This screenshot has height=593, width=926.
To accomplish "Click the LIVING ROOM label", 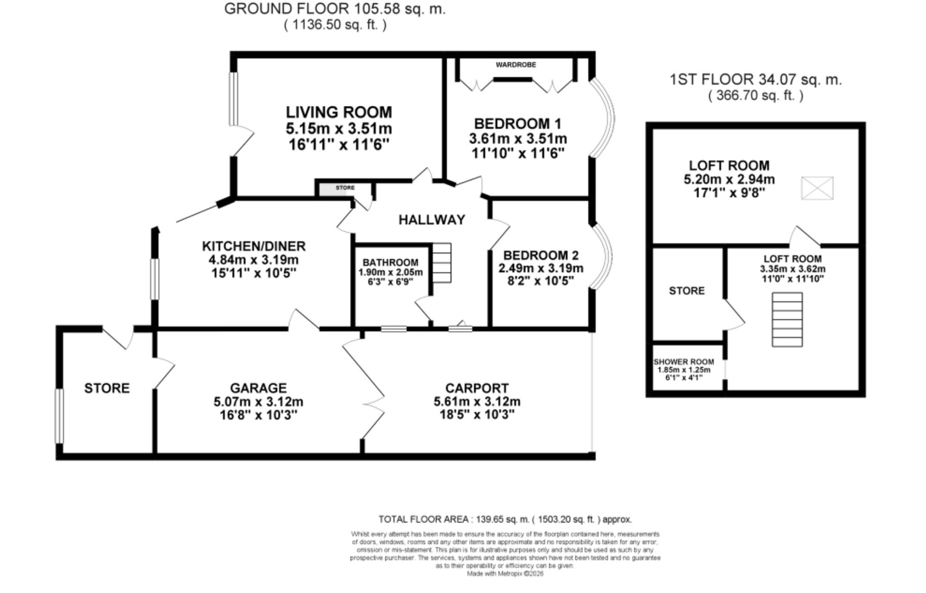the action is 339,112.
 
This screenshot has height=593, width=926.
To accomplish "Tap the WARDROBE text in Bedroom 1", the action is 516,65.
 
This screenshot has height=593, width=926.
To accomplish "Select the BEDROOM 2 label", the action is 541,255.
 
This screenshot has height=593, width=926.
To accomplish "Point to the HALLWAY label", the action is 432,220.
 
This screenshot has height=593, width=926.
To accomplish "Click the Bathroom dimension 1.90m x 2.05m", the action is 390,272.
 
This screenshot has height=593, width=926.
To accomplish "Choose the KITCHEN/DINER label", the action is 254,246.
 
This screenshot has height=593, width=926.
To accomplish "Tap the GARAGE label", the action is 258,388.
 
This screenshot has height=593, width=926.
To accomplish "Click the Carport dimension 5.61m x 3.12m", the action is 477,401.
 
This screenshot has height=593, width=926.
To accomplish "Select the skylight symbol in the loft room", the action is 817,188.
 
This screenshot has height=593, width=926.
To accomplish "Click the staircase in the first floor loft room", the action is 787,320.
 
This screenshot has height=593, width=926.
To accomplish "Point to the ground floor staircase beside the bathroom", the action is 442,263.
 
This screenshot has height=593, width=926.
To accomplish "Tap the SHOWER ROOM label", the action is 684,362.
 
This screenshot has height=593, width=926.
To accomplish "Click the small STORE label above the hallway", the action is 345,188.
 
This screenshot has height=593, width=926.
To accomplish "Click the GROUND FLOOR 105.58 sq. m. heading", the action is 335,9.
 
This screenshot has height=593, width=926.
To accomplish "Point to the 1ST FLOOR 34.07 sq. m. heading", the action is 756,80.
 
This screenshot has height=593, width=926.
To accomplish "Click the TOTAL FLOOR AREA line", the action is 505,519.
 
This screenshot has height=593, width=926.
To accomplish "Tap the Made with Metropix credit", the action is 505,574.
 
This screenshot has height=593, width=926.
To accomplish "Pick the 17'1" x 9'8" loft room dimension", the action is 729,193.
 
